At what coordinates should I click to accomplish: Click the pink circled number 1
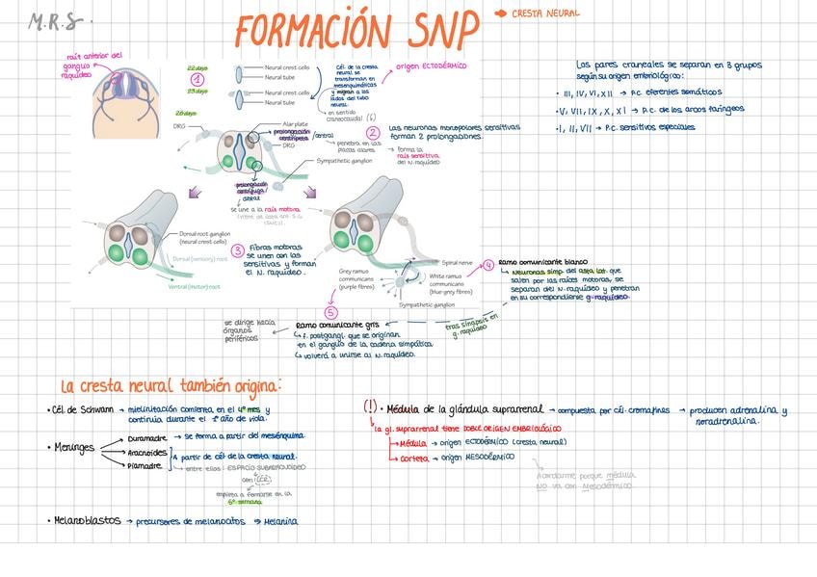pos(197,79)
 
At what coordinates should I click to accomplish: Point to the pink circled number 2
pos(373,119)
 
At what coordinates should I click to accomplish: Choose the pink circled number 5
pos(331,312)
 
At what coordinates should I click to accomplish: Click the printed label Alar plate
pos(295,123)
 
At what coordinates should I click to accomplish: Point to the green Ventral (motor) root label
pos(194,286)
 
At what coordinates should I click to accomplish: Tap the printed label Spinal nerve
pos(456,261)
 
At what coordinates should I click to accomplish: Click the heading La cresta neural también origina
pos(170,386)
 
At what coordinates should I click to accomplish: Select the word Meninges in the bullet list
pos(73,447)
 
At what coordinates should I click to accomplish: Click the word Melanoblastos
pos(87,520)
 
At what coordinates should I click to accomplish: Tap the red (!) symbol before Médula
pos(370,407)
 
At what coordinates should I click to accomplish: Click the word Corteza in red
pos(413,458)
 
